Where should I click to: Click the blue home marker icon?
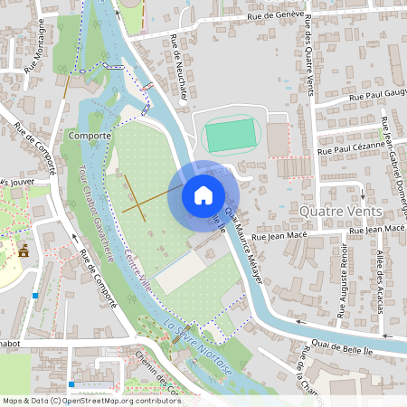[203, 194]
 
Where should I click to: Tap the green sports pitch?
[232, 137]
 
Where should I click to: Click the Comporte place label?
[89, 137]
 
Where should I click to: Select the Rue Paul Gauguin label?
[380, 93]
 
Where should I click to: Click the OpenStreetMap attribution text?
[90, 400]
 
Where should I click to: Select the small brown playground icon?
[24, 251]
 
